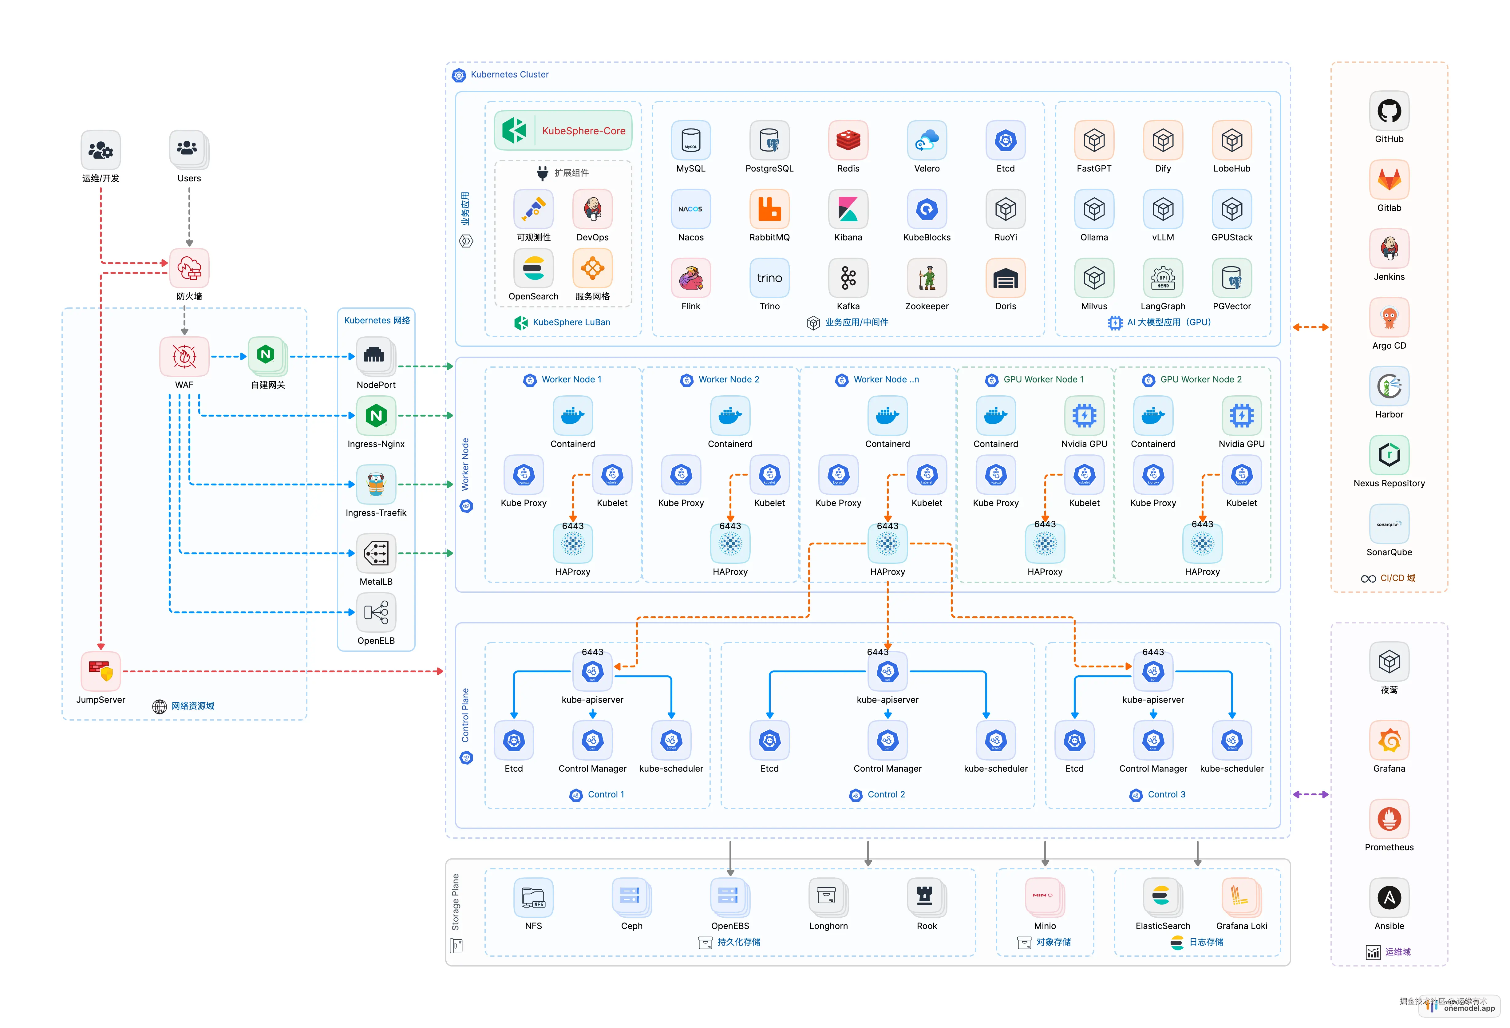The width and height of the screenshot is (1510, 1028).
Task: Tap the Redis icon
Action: pyautogui.click(x=848, y=140)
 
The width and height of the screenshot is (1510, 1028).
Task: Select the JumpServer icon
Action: pyautogui.click(x=101, y=671)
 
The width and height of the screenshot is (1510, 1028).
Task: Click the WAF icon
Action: pyautogui.click(x=184, y=356)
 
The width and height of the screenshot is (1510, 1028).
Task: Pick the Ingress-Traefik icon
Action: pyautogui.click(x=376, y=484)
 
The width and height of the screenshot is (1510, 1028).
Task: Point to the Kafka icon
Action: pyautogui.click(x=848, y=278)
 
